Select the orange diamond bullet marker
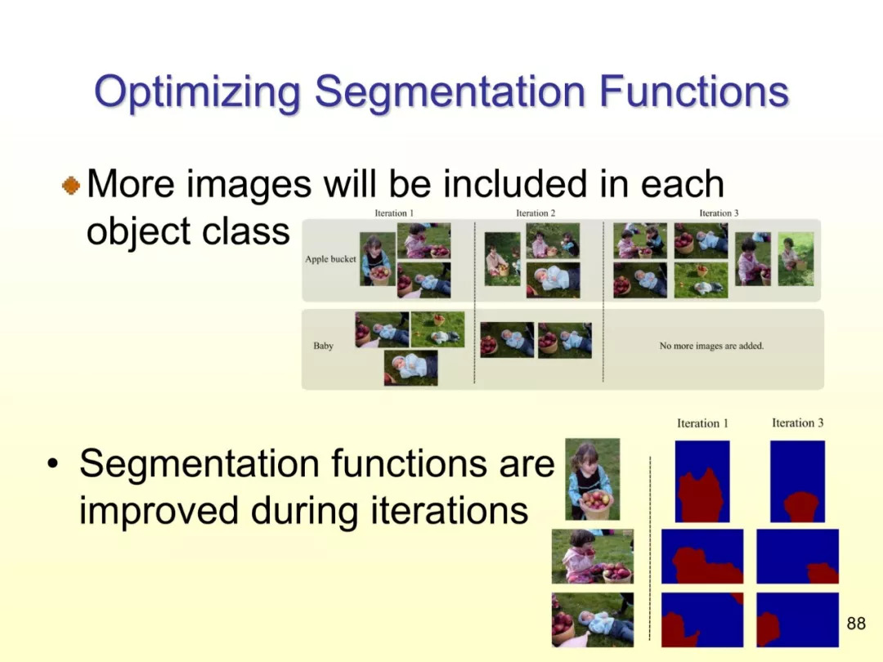click(71, 186)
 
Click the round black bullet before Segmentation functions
click(52, 464)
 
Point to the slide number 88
click(856, 623)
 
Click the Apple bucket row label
click(330, 259)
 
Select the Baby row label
click(323, 346)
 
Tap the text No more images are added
click(711, 346)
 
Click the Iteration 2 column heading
click(536, 212)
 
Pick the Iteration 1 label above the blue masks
click(702, 423)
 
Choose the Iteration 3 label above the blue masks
click(797, 423)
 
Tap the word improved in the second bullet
click(159, 512)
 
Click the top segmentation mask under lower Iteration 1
click(702, 481)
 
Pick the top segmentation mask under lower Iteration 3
click(797, 481)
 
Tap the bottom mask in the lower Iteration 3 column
click(797, 620)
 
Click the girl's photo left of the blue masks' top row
click(593, 479)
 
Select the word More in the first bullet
click(131, 184)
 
